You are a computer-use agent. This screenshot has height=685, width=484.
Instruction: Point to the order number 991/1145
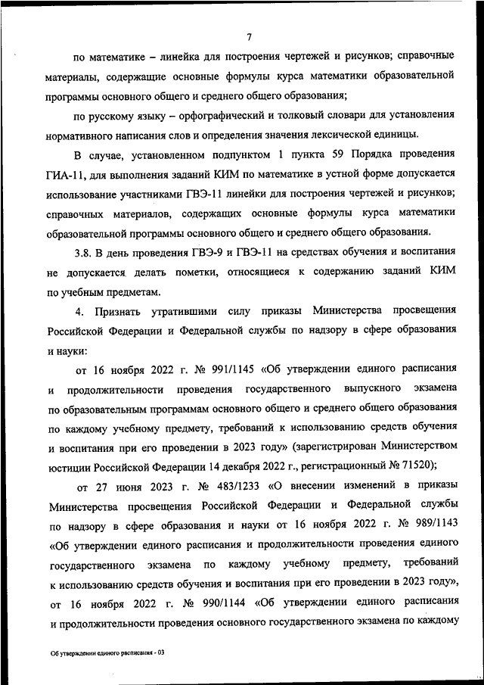227,369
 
